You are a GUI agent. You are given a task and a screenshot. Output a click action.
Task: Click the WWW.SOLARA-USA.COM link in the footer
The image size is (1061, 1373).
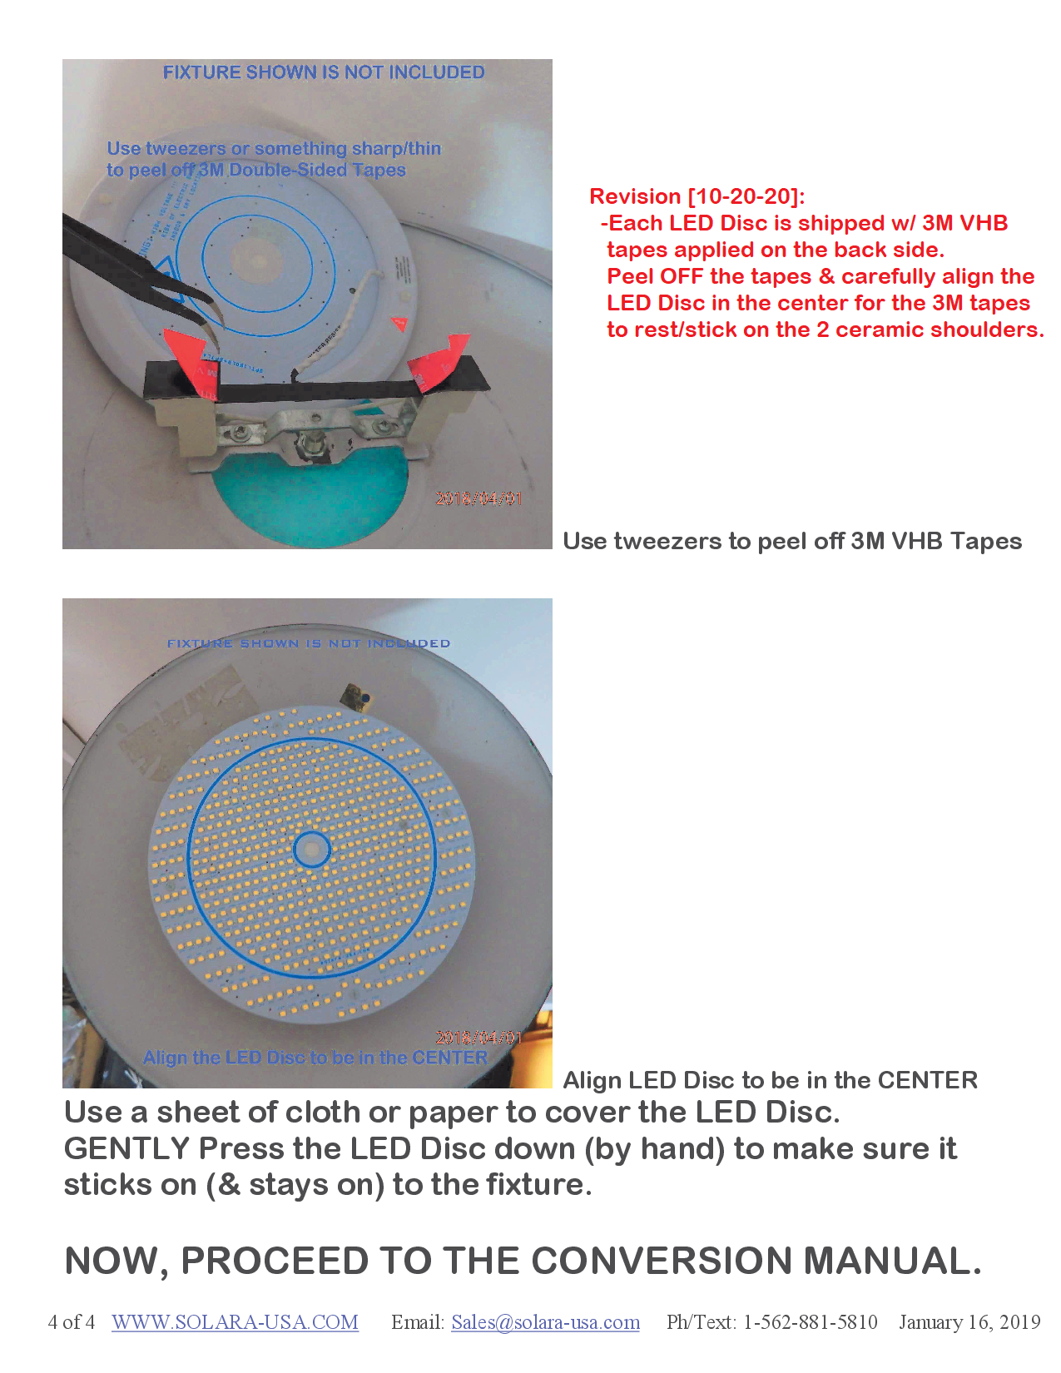(x=235, y=1322)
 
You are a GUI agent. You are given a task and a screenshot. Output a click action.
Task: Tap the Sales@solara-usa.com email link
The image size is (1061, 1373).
(x=545, y=1322)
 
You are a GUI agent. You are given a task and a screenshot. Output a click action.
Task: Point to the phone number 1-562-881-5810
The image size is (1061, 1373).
(x=810, y=1322)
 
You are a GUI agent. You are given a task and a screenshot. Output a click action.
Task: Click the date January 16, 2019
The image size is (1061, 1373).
(x=969, y=1322)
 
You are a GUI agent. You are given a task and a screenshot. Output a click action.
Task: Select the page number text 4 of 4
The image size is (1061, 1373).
(x=72, y=1322)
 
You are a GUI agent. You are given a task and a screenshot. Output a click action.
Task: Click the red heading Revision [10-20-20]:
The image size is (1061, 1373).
(x=697, y=196)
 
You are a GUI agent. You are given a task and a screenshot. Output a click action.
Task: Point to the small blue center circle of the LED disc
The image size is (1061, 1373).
(x=312, y=850)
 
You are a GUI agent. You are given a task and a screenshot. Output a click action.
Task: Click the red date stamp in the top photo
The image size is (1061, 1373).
(x=479, y=498)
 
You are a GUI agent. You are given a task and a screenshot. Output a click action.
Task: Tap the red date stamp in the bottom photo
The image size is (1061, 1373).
(x=479, y=1038)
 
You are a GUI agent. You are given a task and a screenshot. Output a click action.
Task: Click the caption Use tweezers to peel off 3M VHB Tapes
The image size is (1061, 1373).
(x=792, y=541)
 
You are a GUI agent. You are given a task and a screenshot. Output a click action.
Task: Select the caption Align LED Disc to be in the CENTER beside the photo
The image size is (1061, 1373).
(x=771, y=1080)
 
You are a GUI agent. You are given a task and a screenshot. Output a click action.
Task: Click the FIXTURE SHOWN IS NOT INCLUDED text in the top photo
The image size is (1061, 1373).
(x=324, y=72)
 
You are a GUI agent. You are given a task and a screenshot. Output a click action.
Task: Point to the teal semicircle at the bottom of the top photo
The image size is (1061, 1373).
(x=310, y=508)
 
